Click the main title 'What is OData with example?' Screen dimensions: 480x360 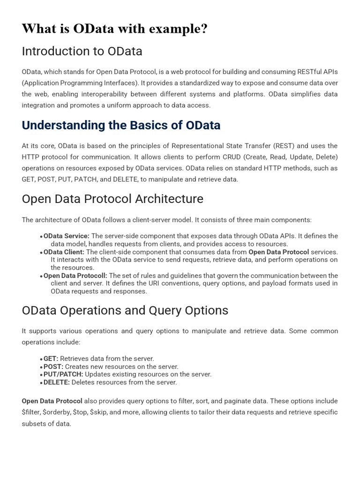tap(114, 29)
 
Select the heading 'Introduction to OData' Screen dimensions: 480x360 tap(82, 51)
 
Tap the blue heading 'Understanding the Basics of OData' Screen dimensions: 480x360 tap(121, 126)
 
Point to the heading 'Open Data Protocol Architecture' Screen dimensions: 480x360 tap(112, 199)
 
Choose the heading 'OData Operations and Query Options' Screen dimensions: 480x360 tap(125, 310)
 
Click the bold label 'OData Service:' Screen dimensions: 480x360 tap(67, 236)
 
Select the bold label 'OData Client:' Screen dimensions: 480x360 tap(64, 252)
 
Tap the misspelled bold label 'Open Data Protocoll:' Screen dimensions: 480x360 tap(75, 276)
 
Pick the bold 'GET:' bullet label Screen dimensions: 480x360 tap(51, 359)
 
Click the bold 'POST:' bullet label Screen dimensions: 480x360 tap(53, 367)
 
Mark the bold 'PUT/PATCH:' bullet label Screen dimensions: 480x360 tap(63, 374)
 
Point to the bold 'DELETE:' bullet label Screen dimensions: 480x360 tap(57, 382)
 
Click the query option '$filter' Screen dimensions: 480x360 tap(31, 412)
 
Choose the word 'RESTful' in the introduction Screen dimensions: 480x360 tap(310, 72)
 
